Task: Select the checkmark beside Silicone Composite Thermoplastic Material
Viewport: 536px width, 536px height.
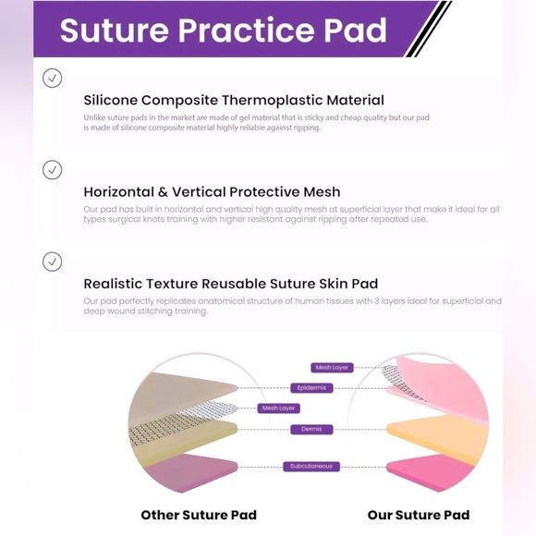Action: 53,79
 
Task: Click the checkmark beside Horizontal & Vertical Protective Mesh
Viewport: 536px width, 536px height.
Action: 53,170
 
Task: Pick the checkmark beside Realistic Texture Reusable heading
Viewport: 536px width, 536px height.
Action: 53,262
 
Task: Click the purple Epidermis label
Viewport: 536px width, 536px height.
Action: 311,388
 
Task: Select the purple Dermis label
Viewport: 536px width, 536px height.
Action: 311,430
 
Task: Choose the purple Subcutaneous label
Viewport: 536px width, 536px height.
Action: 311,467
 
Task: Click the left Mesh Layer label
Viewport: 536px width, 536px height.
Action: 279,408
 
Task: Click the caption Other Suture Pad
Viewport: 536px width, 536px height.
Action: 199,515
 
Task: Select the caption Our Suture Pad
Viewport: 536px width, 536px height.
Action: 418,515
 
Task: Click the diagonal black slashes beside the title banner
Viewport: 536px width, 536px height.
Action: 427,30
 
